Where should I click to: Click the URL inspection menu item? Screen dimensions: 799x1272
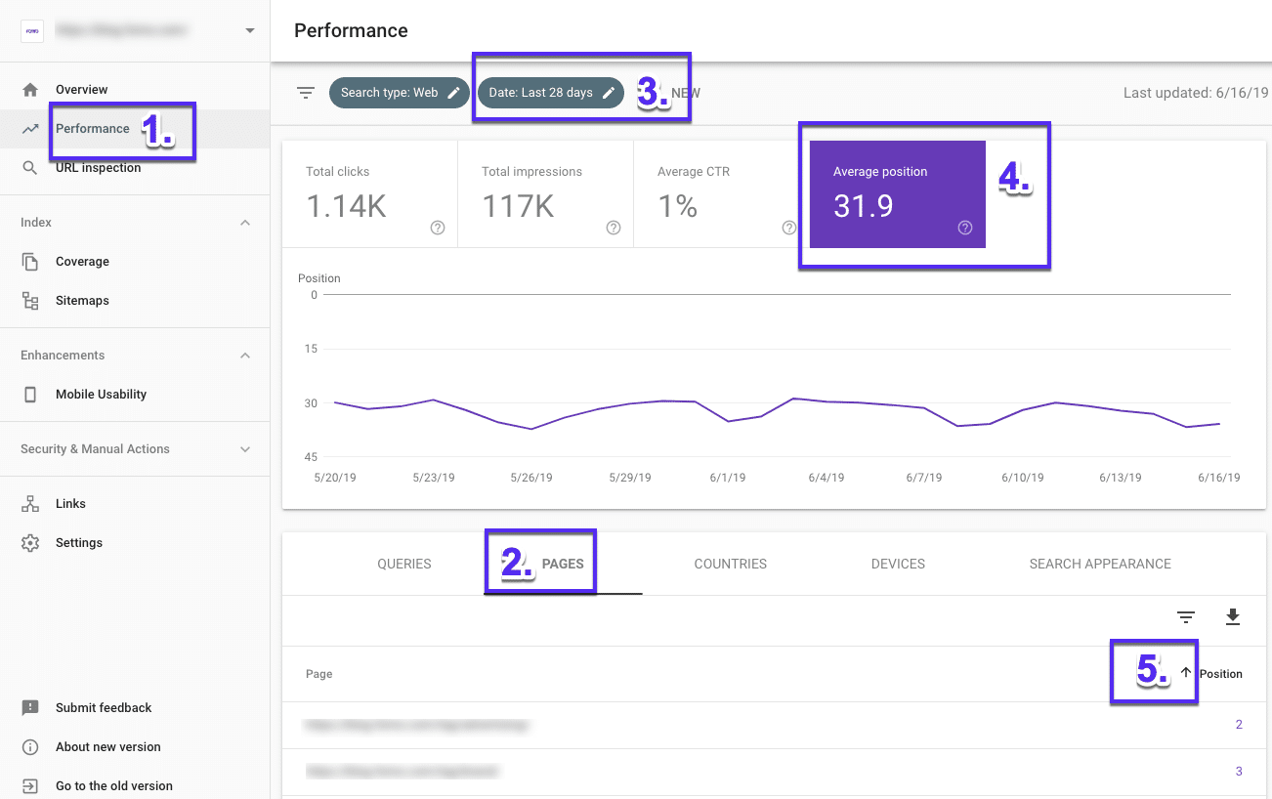click(98, 168)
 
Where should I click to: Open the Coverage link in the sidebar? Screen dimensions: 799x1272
click(82, 262)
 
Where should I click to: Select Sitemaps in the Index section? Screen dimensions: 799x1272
click(82, 301)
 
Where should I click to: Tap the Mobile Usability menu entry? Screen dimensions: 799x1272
click(101, 395)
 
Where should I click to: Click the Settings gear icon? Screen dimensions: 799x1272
click(30, 543)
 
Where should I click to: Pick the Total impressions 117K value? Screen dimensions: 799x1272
click(518, 206)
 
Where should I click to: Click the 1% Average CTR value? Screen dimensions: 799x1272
click(677, 206)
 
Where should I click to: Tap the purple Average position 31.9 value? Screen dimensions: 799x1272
click(863, 206)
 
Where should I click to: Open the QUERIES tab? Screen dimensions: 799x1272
click(404, 565)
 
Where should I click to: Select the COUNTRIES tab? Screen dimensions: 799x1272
click(730, 565)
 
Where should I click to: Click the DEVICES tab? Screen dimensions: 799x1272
click(898, 565)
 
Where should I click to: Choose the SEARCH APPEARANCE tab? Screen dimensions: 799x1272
click(1100, 565)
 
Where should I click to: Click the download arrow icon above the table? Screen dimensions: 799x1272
click(1232, 616)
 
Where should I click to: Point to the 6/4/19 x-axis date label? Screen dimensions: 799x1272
click(826, 478)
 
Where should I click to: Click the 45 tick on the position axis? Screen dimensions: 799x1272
click(310, 457)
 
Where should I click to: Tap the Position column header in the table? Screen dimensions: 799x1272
click(1220, 674)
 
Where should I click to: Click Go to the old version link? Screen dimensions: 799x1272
click(113, 786)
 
